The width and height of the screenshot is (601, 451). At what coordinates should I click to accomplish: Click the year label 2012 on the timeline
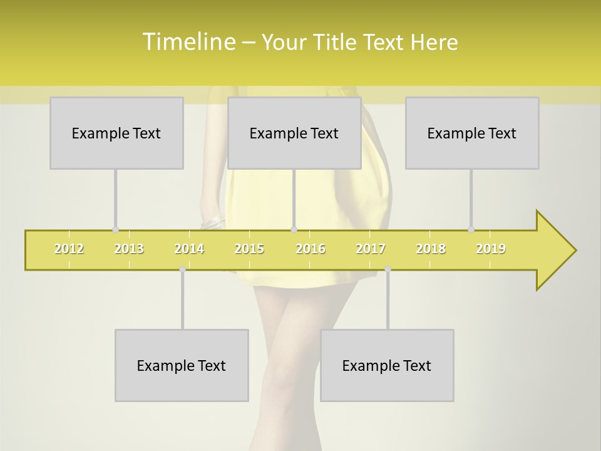pos(69,249)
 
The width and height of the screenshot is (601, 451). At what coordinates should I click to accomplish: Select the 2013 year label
pos(129,249)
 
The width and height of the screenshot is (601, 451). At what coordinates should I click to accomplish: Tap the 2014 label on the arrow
pos(189,249)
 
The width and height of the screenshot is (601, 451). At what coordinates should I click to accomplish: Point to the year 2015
pos(249,249)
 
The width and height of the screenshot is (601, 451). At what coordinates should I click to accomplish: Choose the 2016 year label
pos(311,249)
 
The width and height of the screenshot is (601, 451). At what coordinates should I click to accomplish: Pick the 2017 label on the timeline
pos(371,249)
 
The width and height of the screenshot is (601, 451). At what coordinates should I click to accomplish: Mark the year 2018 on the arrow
pos(431,249)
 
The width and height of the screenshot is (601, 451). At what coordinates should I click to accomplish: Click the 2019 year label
pos(491,249)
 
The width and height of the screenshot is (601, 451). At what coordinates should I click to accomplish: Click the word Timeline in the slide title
pos(188,42)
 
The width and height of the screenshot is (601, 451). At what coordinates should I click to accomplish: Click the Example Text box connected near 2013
pos(116,133)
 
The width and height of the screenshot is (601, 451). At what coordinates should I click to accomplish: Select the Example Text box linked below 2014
pos(182,365)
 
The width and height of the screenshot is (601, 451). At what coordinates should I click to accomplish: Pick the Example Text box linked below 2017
pos(387,365)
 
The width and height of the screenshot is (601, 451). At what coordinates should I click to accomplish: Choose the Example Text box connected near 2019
pos(472,133)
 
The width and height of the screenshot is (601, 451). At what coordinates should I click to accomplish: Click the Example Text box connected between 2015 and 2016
pos(294,133)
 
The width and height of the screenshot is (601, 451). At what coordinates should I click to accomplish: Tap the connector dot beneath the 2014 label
pos(182,269)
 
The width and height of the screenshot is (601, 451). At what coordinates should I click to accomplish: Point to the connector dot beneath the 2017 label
pos(388,269)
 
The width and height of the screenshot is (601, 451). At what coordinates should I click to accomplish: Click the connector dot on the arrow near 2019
pos(471,229)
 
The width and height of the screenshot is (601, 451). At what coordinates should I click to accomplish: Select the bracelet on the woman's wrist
pos(213,223)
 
